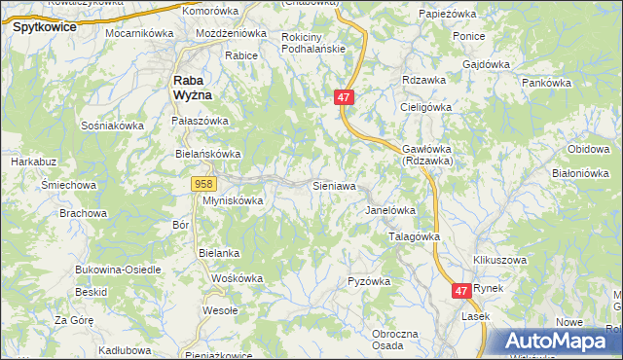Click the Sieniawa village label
coord(333,185)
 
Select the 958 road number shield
coord(203,184)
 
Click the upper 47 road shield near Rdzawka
coord(345,98)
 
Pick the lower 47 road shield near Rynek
coord(462,290)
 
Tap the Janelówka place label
coord(390,210)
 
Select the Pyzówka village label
coord(369,281)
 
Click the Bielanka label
coord(219,253)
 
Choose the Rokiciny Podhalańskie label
coord(313,43)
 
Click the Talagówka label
coord(415,236)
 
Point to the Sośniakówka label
coord(113,126)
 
